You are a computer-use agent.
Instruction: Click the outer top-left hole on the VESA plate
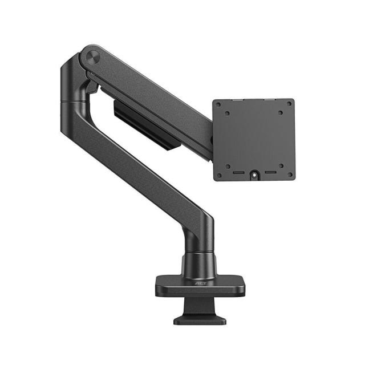pos(219,105)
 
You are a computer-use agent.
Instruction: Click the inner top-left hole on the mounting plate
pos(228,113)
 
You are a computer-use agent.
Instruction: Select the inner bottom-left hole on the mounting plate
pos(228,165)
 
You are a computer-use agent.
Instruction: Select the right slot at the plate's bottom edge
pos(269,171)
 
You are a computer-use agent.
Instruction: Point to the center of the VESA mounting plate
pos(254,140)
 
